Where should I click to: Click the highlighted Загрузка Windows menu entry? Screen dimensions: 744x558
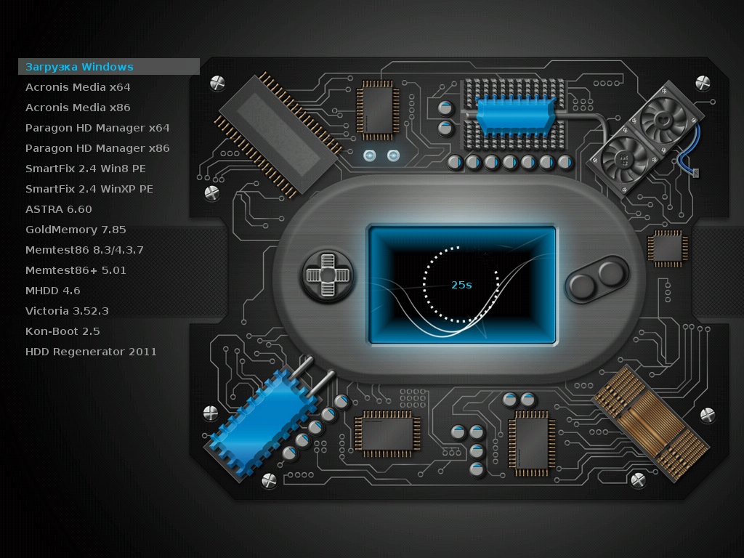[x=79, y=67]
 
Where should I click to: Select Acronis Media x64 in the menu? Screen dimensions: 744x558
[x=78, y=87]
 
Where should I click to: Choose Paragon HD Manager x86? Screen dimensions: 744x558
[x=97, y=148]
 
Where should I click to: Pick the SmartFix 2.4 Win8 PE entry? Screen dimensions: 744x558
[x=86, y=169]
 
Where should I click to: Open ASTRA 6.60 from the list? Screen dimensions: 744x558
[x=58, y=209]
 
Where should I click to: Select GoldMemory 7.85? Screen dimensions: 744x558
[x=76, y=230]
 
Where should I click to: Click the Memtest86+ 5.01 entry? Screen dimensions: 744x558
[x=76, y=270]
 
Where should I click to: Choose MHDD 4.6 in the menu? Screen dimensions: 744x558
[x=52, y=291]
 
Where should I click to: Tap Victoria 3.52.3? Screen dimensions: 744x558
[x=67, y=311]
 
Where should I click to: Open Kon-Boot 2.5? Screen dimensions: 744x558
[x=62, y=331]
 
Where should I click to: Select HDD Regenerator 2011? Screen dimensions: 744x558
[x=91, y=352]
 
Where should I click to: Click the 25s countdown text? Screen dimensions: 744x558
[x=461, y=285]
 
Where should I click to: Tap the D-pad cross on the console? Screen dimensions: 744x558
[x=328, y=275]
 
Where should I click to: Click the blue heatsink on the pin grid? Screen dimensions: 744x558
[x=515, y=116]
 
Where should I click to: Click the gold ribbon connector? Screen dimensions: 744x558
[x=650, y=422]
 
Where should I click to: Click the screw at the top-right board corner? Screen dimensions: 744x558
[x=703, y=83]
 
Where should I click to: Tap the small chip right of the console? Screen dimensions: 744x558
[x=668, y=248]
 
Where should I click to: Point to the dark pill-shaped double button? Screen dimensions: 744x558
[x=597, y=279]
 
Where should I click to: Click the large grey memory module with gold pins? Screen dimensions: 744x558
[x=278, y=134]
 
